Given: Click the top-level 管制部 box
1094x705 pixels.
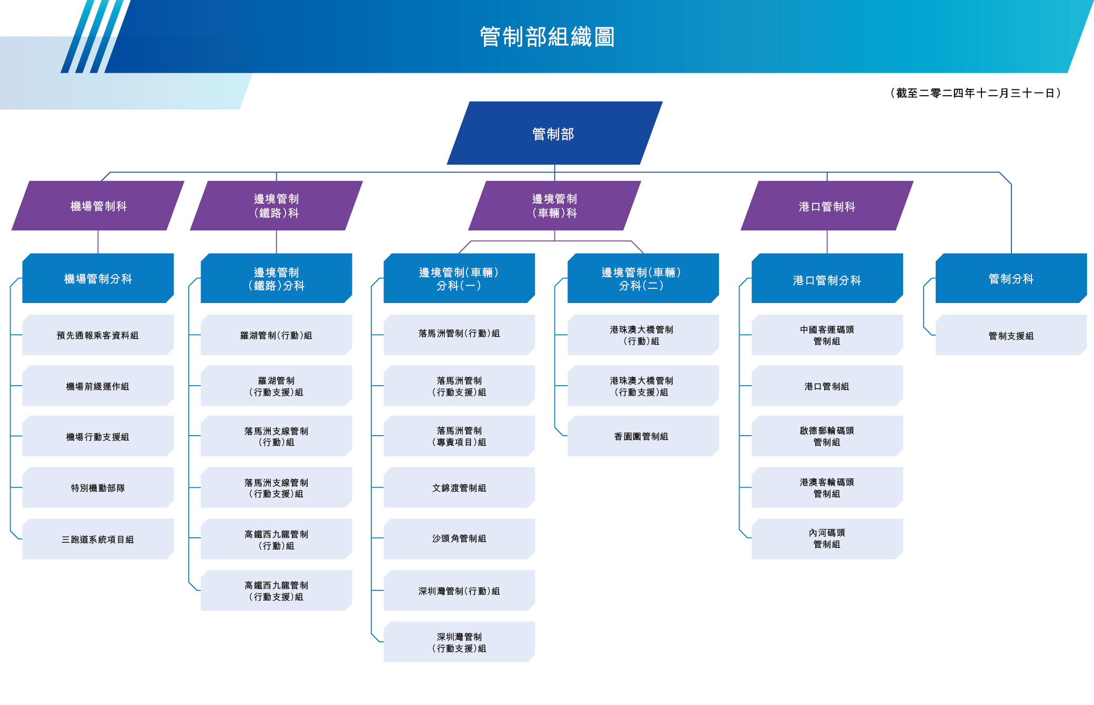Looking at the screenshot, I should pyautogui.click(x=554, y=134).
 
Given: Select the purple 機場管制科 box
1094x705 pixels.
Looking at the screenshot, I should pyautogui.click(x=98, y=206).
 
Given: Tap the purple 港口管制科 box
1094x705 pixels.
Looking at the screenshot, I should pyautogui.click(x=827, y=206).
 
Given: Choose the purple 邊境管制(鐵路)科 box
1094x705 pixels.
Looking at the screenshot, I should pyautogui.click(x=276, y=206).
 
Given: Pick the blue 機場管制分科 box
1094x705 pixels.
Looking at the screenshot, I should pyautogui.click(x=98, y=278).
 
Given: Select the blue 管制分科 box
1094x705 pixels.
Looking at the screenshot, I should pyautogui.click(x=1011, y=278).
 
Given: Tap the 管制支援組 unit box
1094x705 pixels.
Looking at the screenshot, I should pyautogui.click(x=1011, y=335).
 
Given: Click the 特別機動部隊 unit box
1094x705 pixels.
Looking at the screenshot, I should pyautogui.click(x=98, y=488).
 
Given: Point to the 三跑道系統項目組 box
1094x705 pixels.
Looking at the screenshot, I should pyautogui.click(x=98, y=539).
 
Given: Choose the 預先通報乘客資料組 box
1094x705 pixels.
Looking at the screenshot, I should pyautogui.click(x=98, y=335).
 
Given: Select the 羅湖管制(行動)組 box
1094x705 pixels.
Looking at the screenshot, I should pyautogui.click(x=276, y=335).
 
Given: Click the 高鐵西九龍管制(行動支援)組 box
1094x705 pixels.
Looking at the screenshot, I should pyautogui.click(x=276, y=591).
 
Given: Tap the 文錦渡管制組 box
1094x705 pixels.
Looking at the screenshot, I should pyautogui.click(x=459, y=488).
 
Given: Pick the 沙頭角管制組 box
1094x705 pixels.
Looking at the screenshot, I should pyautogui.click(x=459, y=539).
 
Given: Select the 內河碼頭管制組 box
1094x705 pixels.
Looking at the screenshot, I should pyautogui.click(x=827, y=539).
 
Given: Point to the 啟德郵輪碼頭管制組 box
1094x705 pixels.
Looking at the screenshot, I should pyautogui.click(x=827, y=436).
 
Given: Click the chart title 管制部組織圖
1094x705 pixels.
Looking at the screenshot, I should pyautogui.click(x=547, y=37).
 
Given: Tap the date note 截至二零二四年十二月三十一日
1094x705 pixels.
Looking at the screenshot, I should pyautogui.click(x=976, y=93).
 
